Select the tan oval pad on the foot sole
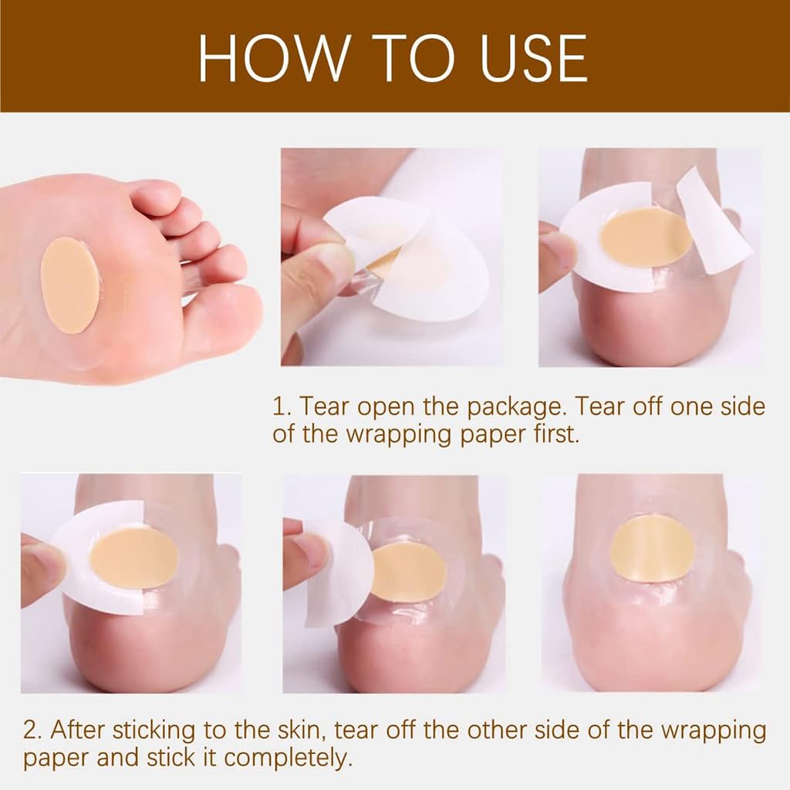point(69,285)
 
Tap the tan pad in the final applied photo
point(653,549)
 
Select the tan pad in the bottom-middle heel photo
point(409,572)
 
